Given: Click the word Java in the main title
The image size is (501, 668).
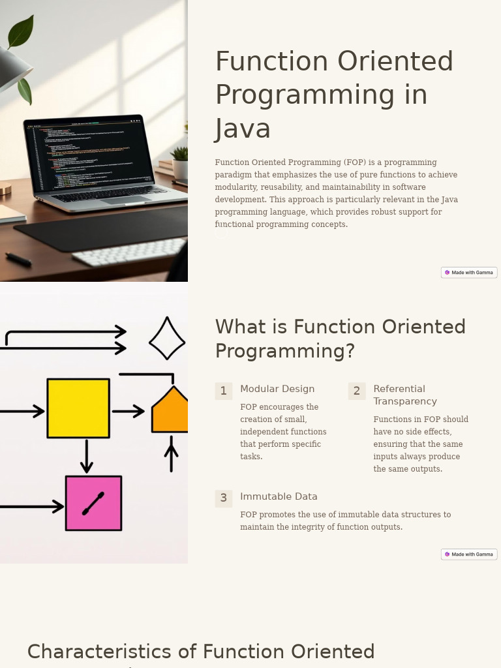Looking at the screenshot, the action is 243,129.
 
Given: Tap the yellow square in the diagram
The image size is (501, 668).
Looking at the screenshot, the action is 78,408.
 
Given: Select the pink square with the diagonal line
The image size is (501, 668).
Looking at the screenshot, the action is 93,503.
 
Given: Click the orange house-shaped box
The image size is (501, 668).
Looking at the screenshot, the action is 170,412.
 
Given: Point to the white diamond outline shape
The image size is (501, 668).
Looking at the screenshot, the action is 167,339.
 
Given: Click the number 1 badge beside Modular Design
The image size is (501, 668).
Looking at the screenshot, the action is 223,391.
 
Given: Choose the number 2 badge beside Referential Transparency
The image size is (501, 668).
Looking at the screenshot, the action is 356,391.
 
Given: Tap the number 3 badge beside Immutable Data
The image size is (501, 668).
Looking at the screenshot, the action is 223,498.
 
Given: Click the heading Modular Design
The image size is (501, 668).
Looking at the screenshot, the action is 277,389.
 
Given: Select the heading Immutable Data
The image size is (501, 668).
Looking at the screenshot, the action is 279,496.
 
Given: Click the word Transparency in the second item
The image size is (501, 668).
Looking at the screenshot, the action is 405,401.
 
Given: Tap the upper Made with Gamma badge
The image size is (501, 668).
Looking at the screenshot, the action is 469,273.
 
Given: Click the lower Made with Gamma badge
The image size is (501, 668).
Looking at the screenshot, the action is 469,554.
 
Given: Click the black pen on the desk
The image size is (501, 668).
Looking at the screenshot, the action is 18,259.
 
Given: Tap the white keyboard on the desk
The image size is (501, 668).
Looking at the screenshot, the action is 130,252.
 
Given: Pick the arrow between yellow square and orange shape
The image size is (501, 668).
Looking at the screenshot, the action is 129,411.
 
